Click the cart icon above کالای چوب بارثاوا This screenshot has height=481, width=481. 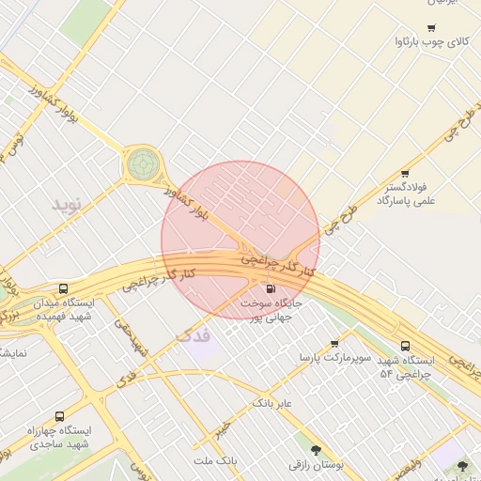[x=431, y=28]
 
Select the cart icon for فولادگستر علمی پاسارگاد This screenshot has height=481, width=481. [x=405, y=174]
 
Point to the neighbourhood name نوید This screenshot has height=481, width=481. [x=67, y=203]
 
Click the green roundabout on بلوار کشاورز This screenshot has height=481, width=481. [x=143, y=164]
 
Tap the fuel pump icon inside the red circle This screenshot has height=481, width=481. [x=272, y=289]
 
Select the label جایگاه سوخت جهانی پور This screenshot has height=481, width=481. [x=271, y=311]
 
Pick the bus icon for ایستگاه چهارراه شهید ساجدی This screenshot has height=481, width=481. [x=60, y=415]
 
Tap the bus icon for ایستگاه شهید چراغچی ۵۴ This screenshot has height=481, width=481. [x=405, y=346]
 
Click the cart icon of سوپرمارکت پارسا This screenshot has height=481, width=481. [x=334, y=344]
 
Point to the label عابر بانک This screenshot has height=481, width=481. [x=272, y=403]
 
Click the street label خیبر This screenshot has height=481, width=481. [x=222, y=429]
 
